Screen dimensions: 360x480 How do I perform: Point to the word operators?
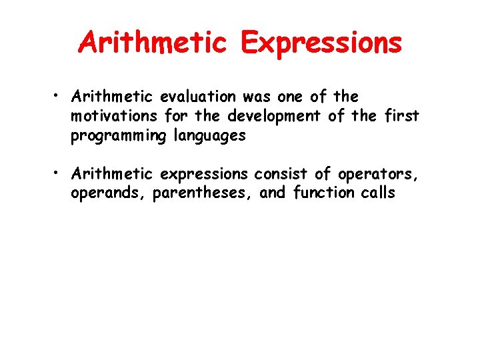pos(378,175)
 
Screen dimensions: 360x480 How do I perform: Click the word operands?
pos(108,194)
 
